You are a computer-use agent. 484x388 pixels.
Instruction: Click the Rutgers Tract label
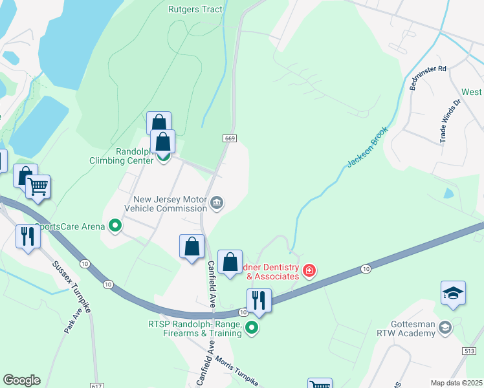tap(195, 9)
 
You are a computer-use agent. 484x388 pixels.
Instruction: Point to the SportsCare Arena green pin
tap(116, 226)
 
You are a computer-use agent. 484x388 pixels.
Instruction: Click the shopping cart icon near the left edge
tap(38, 187)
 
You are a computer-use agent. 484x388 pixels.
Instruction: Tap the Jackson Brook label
tap(366, 147)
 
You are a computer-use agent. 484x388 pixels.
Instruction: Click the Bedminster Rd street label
tap(428, 78)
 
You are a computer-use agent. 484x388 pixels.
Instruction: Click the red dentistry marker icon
tap(309, 270)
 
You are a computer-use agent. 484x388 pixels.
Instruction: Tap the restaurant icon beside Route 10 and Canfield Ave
tap(258, 300)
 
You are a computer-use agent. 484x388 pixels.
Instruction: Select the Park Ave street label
tap(71, 321)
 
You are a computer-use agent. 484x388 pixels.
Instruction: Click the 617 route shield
tap(96, 385)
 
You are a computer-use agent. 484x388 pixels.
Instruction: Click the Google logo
tap(21, 380)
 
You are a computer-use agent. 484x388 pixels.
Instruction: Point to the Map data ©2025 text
tap(456, 383)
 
